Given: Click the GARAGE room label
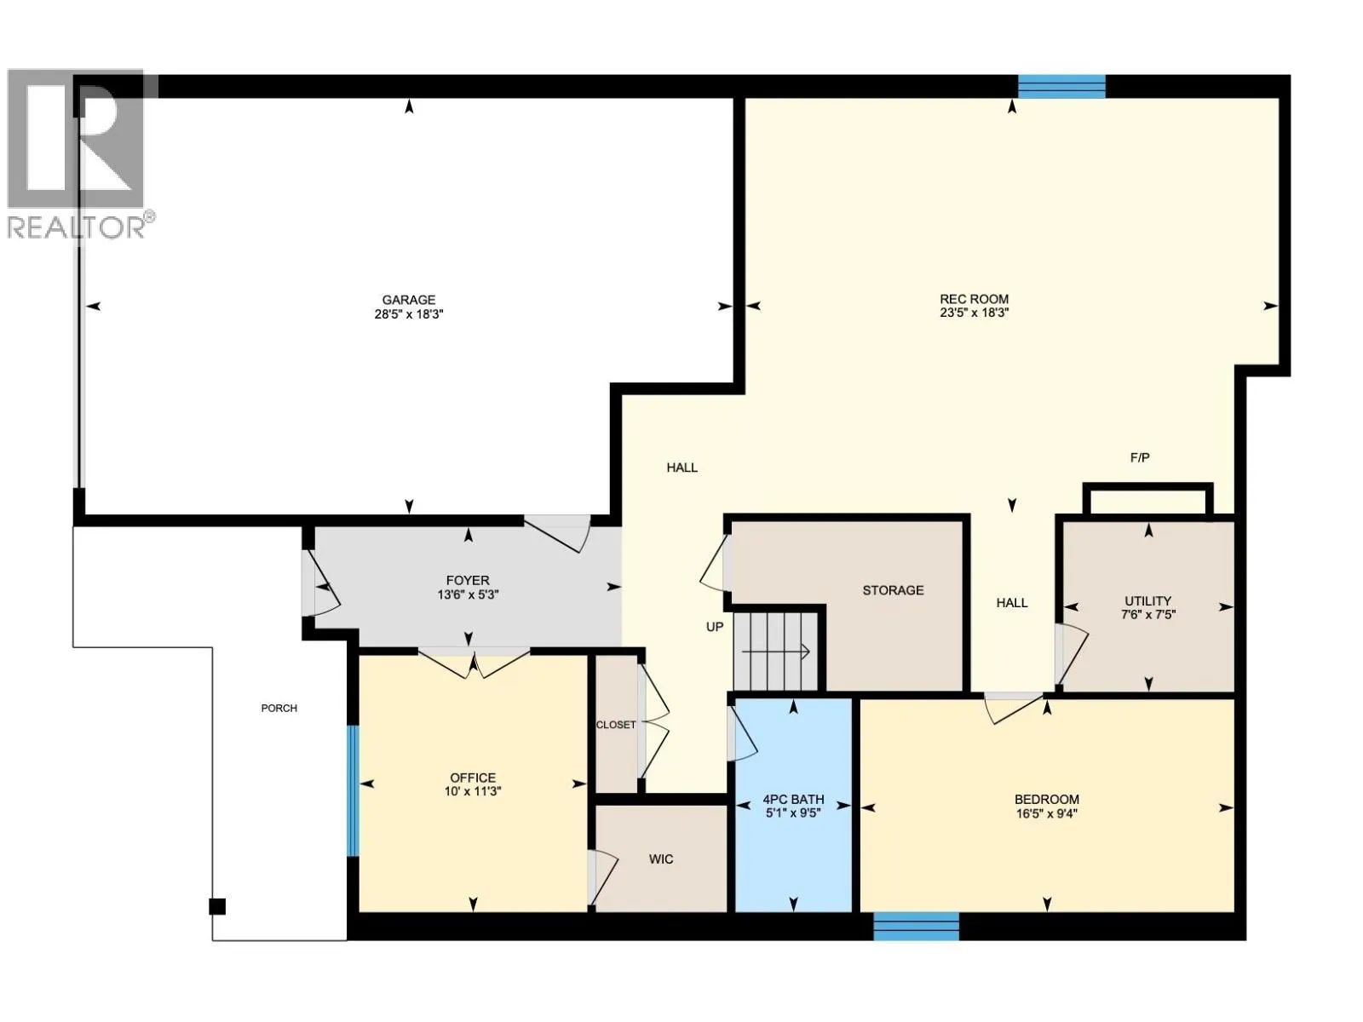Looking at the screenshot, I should coord(408,300).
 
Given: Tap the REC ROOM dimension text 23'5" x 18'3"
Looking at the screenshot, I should coord(974,313).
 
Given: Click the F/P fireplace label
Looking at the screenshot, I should coord(1139,457).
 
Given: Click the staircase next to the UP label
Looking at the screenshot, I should coord(774,652).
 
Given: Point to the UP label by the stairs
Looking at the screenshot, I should coord(714,627).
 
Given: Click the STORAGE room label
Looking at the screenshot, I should coord(892,590).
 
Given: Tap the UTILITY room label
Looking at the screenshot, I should coord(1147,600).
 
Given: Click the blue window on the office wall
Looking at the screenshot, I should coord(352,790).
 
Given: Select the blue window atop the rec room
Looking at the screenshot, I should coord(1061,86).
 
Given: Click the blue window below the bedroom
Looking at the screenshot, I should coord(916,926).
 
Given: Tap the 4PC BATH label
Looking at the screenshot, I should coord(792,800).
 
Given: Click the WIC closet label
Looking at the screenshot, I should coord(660,859).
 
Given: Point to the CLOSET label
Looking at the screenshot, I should coord(615,725).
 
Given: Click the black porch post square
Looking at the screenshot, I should coord(217,906).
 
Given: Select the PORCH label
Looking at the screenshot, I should coord(279,708).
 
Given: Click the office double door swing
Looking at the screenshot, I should coord(474,663).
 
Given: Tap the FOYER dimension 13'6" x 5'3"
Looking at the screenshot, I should coord(467,594).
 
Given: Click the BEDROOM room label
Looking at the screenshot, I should coord(1046,800).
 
